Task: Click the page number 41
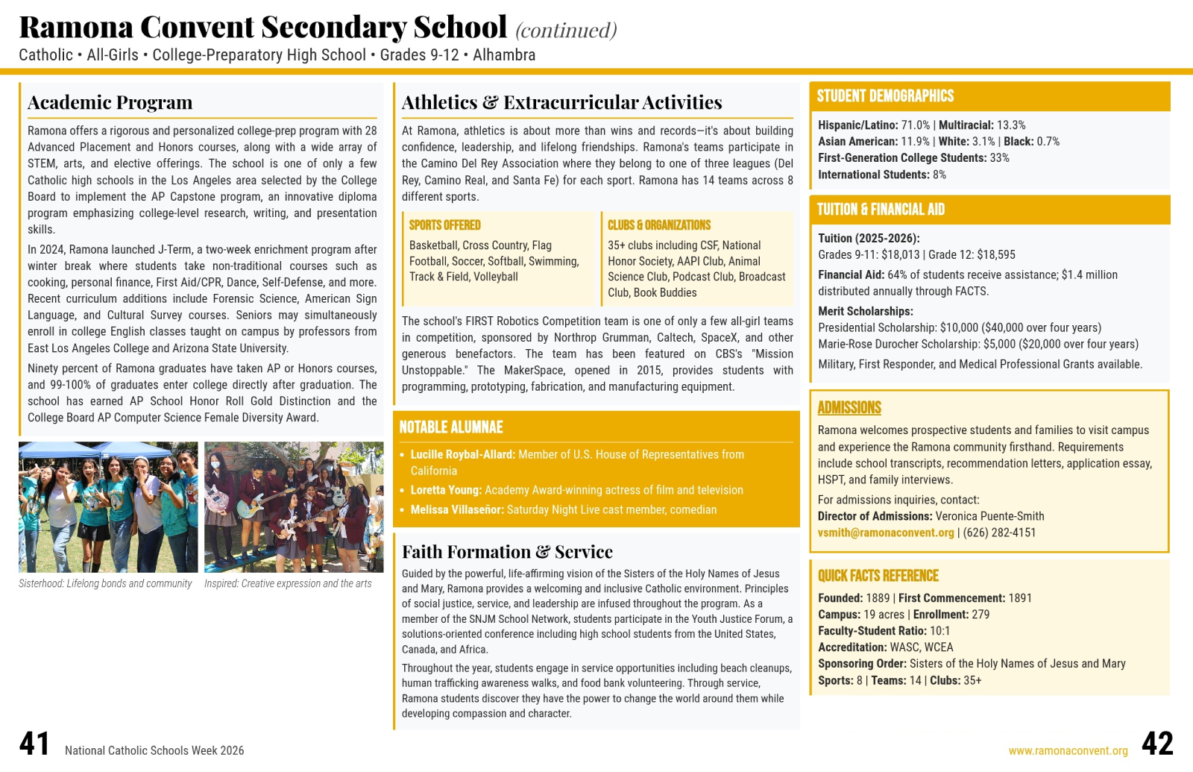(34, 744)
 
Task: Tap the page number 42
(1157, 744)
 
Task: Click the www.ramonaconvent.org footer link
(1068, 751)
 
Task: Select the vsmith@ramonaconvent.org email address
(886, 533)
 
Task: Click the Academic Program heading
(110, 102)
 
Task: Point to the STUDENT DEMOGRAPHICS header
(885, 96)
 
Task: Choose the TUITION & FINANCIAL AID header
(881, 210)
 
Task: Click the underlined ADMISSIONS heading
(849, 408)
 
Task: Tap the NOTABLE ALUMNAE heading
(451, 427)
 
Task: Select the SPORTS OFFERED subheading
(444, 225)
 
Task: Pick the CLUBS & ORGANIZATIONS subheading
(659, 225)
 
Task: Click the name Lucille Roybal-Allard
(462, 454)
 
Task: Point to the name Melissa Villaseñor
(457, 509)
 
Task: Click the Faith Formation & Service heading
(507, 552)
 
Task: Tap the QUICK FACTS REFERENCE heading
(878, 576)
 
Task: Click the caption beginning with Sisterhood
(105, 584)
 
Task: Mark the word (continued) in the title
(566, 31)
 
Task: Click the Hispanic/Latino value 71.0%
(916, 125)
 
